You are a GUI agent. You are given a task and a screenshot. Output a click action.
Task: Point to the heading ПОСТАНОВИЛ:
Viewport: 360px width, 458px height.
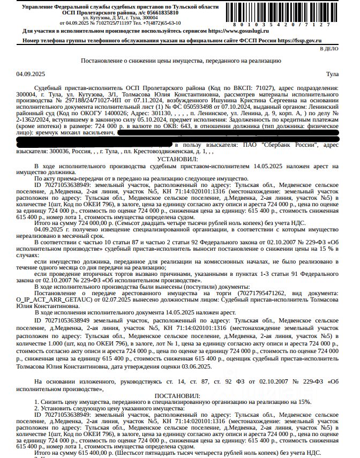click(177, 395)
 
